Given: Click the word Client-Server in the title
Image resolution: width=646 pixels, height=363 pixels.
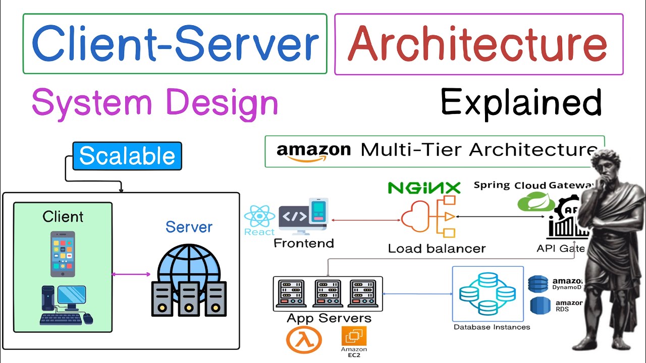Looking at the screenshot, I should coord(175,43).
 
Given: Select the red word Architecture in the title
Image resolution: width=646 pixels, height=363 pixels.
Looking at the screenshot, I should coord(477,43).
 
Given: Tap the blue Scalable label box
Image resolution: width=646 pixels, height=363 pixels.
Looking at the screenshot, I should coord(127,156).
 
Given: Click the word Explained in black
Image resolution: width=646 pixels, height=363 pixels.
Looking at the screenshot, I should coord(521,102).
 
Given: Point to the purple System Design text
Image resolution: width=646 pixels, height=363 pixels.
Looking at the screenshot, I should coord(154,102).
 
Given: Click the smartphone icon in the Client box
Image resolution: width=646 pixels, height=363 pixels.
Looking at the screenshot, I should coord(63,254).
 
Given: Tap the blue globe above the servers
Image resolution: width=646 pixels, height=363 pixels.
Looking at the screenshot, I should coord(188,265).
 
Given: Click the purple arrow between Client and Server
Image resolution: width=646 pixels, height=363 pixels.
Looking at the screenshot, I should coord(131,274).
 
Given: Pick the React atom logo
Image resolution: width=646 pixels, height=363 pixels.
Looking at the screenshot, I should coord(259,217).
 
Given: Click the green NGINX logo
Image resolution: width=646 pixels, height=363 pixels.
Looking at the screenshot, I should coord(424,188).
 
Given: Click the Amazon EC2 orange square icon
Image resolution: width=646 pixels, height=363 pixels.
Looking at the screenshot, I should coord(354,336).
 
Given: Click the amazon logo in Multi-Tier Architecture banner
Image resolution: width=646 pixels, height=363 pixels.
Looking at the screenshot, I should coord(313,151).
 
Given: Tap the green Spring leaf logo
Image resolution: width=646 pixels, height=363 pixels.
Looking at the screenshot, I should coord(530,203).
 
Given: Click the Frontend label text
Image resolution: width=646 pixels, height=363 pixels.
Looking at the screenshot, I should coord(303,243).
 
